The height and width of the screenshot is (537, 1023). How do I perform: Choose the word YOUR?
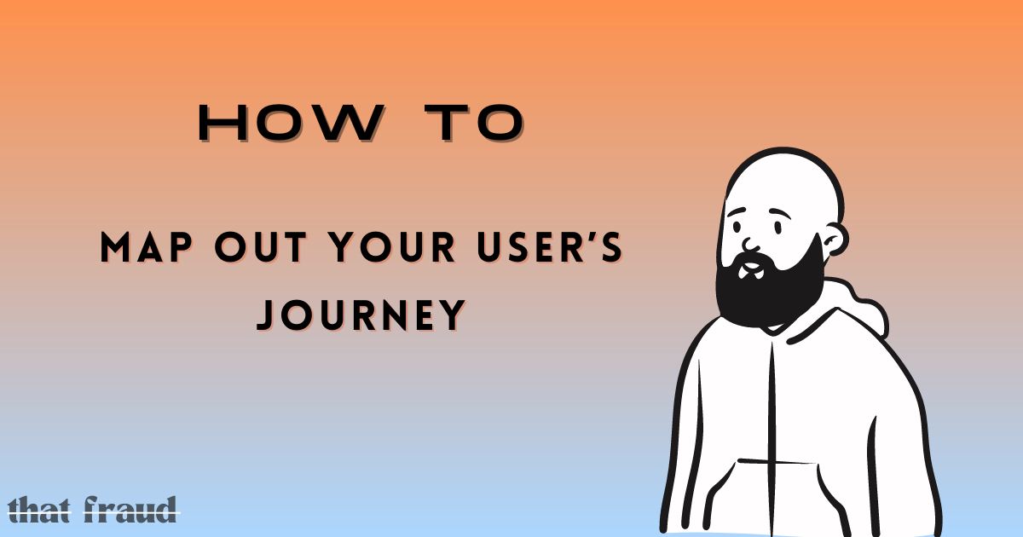pyautogui.click(x=392, y=247)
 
